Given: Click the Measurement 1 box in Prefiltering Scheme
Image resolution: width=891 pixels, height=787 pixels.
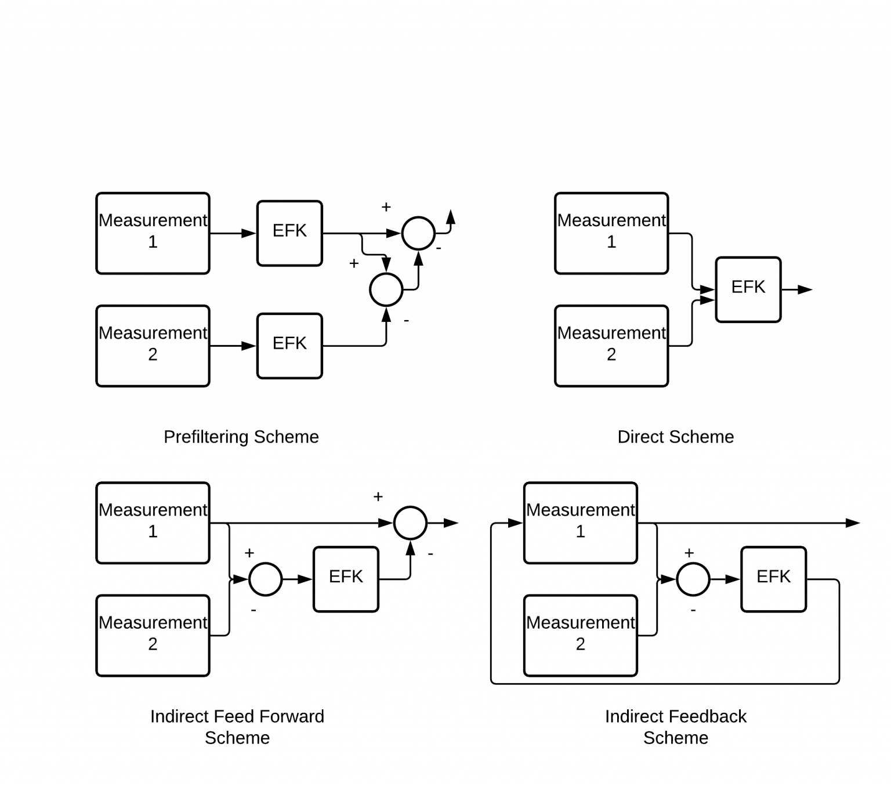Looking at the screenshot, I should click(x=153, y=233).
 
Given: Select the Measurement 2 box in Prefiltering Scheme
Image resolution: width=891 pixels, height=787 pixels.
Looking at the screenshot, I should click(x=153, y=346).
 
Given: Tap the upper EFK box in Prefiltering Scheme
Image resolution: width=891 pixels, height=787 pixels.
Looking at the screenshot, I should click(x=289, y=233).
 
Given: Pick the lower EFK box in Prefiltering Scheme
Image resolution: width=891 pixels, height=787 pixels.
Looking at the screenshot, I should click(x=289, y=346).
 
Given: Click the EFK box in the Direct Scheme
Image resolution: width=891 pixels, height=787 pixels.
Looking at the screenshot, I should click(x=748, y=289).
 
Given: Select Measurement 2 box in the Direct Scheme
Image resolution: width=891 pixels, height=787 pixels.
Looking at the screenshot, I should click(x=611, y=346).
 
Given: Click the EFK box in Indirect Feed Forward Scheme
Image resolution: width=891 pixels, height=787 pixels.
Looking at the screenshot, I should click(x=346, y=579).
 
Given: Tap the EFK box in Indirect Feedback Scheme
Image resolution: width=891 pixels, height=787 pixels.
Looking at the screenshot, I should click(x=773, y=579).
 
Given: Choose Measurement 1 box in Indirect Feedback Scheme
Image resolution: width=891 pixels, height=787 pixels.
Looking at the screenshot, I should click(x=580, y=523).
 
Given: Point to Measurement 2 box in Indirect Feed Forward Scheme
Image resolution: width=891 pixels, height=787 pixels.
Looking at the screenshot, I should click(x=153, y=635).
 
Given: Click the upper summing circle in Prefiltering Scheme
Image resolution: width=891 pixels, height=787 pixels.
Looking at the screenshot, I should click(x=418, y=233).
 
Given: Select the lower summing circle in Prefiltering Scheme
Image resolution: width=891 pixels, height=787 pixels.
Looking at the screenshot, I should click(x=386, y=289).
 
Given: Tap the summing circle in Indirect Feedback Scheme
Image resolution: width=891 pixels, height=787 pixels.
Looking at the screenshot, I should click(x=693, y=579).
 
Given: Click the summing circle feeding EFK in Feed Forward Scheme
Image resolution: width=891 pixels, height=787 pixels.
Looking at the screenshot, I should click(x=265, y=579).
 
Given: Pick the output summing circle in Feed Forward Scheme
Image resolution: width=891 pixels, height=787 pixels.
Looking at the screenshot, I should click(x=410, y=523).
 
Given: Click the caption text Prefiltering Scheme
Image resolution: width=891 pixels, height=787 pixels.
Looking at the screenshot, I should click(x=241, y=437).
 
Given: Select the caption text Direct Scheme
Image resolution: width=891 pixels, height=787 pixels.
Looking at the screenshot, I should click(x=675, y=437).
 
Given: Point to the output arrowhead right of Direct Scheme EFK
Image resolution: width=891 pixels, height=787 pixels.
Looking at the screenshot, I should click(x=805, y=289).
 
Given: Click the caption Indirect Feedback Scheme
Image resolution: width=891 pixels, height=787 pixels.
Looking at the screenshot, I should click(x=675, y=727).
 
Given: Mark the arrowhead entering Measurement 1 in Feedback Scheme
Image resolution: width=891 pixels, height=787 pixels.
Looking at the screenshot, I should click(x=516, y=523).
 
